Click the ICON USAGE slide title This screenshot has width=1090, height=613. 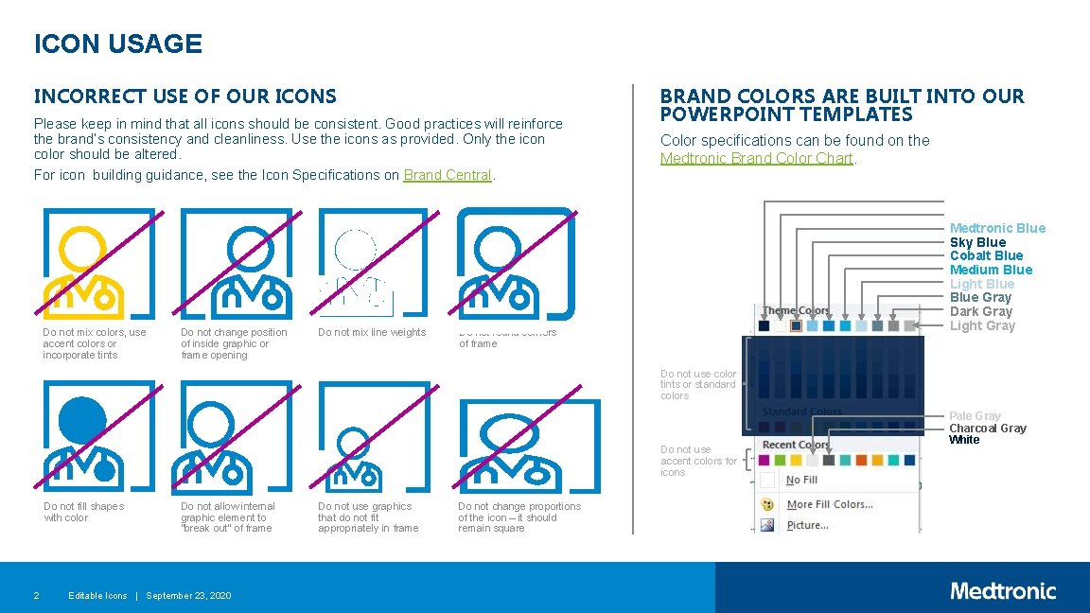(118, 44)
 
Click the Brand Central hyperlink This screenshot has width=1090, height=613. (448, 175)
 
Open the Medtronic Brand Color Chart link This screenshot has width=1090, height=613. (756, 158)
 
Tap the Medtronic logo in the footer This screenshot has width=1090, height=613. (1003, 591)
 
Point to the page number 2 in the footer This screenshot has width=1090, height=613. (36, 595)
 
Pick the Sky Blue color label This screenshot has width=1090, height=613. (977, 242)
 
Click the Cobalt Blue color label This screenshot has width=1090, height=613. (986, 255)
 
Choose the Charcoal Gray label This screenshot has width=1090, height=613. (988, 429)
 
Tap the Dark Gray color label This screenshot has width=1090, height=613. (980, 311)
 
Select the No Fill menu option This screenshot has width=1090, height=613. (801, 481)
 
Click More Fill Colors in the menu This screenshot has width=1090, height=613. (829, 504)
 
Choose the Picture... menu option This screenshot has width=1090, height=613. (807, 525)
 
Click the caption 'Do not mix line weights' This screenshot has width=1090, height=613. (372, 332)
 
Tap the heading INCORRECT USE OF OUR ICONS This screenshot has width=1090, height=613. (185, 96)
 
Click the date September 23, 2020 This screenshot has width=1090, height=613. (188, 595)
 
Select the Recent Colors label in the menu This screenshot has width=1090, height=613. (795, 445)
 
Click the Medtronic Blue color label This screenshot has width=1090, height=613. (997, 228)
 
